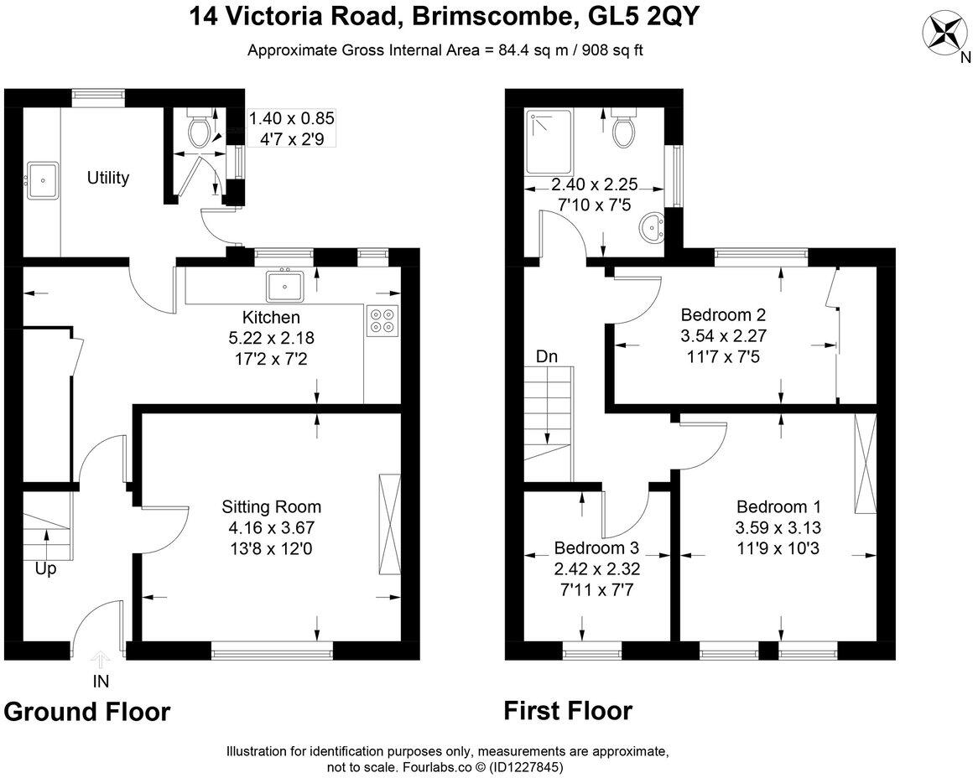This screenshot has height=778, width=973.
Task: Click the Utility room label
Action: [x=108, y=178]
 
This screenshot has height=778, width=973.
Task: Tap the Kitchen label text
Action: [x=271, y=318]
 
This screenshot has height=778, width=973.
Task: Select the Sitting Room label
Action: [x=271, y=507]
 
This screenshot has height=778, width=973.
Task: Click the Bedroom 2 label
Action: [x=724, y=314]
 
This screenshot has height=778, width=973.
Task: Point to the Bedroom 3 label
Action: [x=596, y=547]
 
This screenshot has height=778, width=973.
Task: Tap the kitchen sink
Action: [x=285, y=286]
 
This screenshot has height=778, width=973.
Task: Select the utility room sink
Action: [x=42, y=180]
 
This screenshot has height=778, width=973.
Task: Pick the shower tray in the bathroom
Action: [x=549, y=142]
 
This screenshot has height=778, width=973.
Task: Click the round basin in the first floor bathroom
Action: [x=653, y=228]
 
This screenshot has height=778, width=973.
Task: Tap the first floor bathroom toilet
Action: [x=623, y=127]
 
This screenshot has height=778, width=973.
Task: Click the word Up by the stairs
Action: [x=45, y=568]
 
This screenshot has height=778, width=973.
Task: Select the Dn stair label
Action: [x=547, y=357]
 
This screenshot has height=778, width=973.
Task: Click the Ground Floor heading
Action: [x=87, y=712]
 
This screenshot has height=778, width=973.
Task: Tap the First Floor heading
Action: [x=568, y=710]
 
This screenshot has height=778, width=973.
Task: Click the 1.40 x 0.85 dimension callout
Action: [x=292, y=127]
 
